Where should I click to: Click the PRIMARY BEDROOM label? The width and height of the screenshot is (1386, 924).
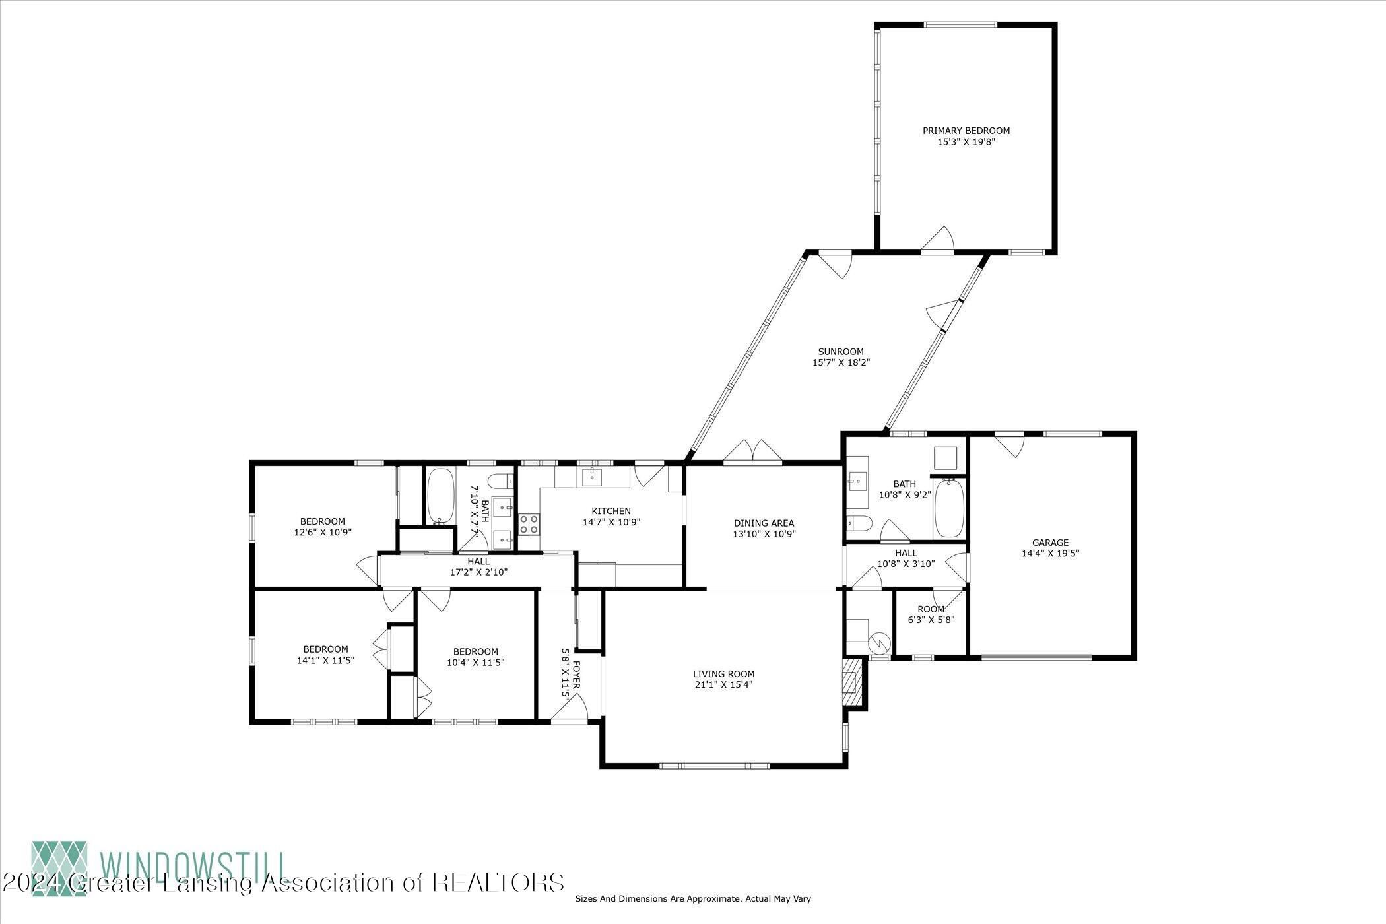[x=966, y=131]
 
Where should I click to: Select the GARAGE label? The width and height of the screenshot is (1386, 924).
[x=1050, y=543]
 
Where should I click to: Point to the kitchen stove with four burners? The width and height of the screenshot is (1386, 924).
[x=529, y=524]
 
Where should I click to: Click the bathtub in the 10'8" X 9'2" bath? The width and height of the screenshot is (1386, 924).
[x=949, y=509]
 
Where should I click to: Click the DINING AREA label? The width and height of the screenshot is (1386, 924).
[x=764, y=523]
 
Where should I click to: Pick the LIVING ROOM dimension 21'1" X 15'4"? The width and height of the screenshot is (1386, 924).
[x=723, y=684]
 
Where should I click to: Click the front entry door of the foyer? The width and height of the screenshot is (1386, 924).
[x=569, y=710]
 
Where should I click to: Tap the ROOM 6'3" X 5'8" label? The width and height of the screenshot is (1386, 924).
[x=931, y=614]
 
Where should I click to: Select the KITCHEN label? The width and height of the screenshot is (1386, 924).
[x=610, y=511]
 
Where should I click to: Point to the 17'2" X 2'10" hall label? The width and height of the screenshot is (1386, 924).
[x=478, y=567]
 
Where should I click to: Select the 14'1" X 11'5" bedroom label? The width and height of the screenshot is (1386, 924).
[x=325, y=654]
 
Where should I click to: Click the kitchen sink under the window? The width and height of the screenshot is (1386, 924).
[x=591, y=476]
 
